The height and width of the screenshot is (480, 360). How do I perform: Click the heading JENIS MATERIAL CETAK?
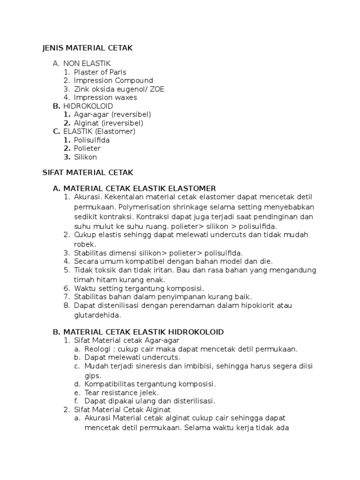click(x=88, y=48)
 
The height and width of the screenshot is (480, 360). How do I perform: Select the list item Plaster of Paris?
click(x=100, y=72)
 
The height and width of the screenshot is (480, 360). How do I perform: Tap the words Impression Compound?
click(x=113, y=81)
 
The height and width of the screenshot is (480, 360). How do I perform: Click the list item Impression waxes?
click(x=105, y=97)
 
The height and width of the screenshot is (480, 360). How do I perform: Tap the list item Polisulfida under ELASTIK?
click(x=92, y=140)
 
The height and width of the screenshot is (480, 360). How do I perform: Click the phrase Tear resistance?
click(x=112, y=392)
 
